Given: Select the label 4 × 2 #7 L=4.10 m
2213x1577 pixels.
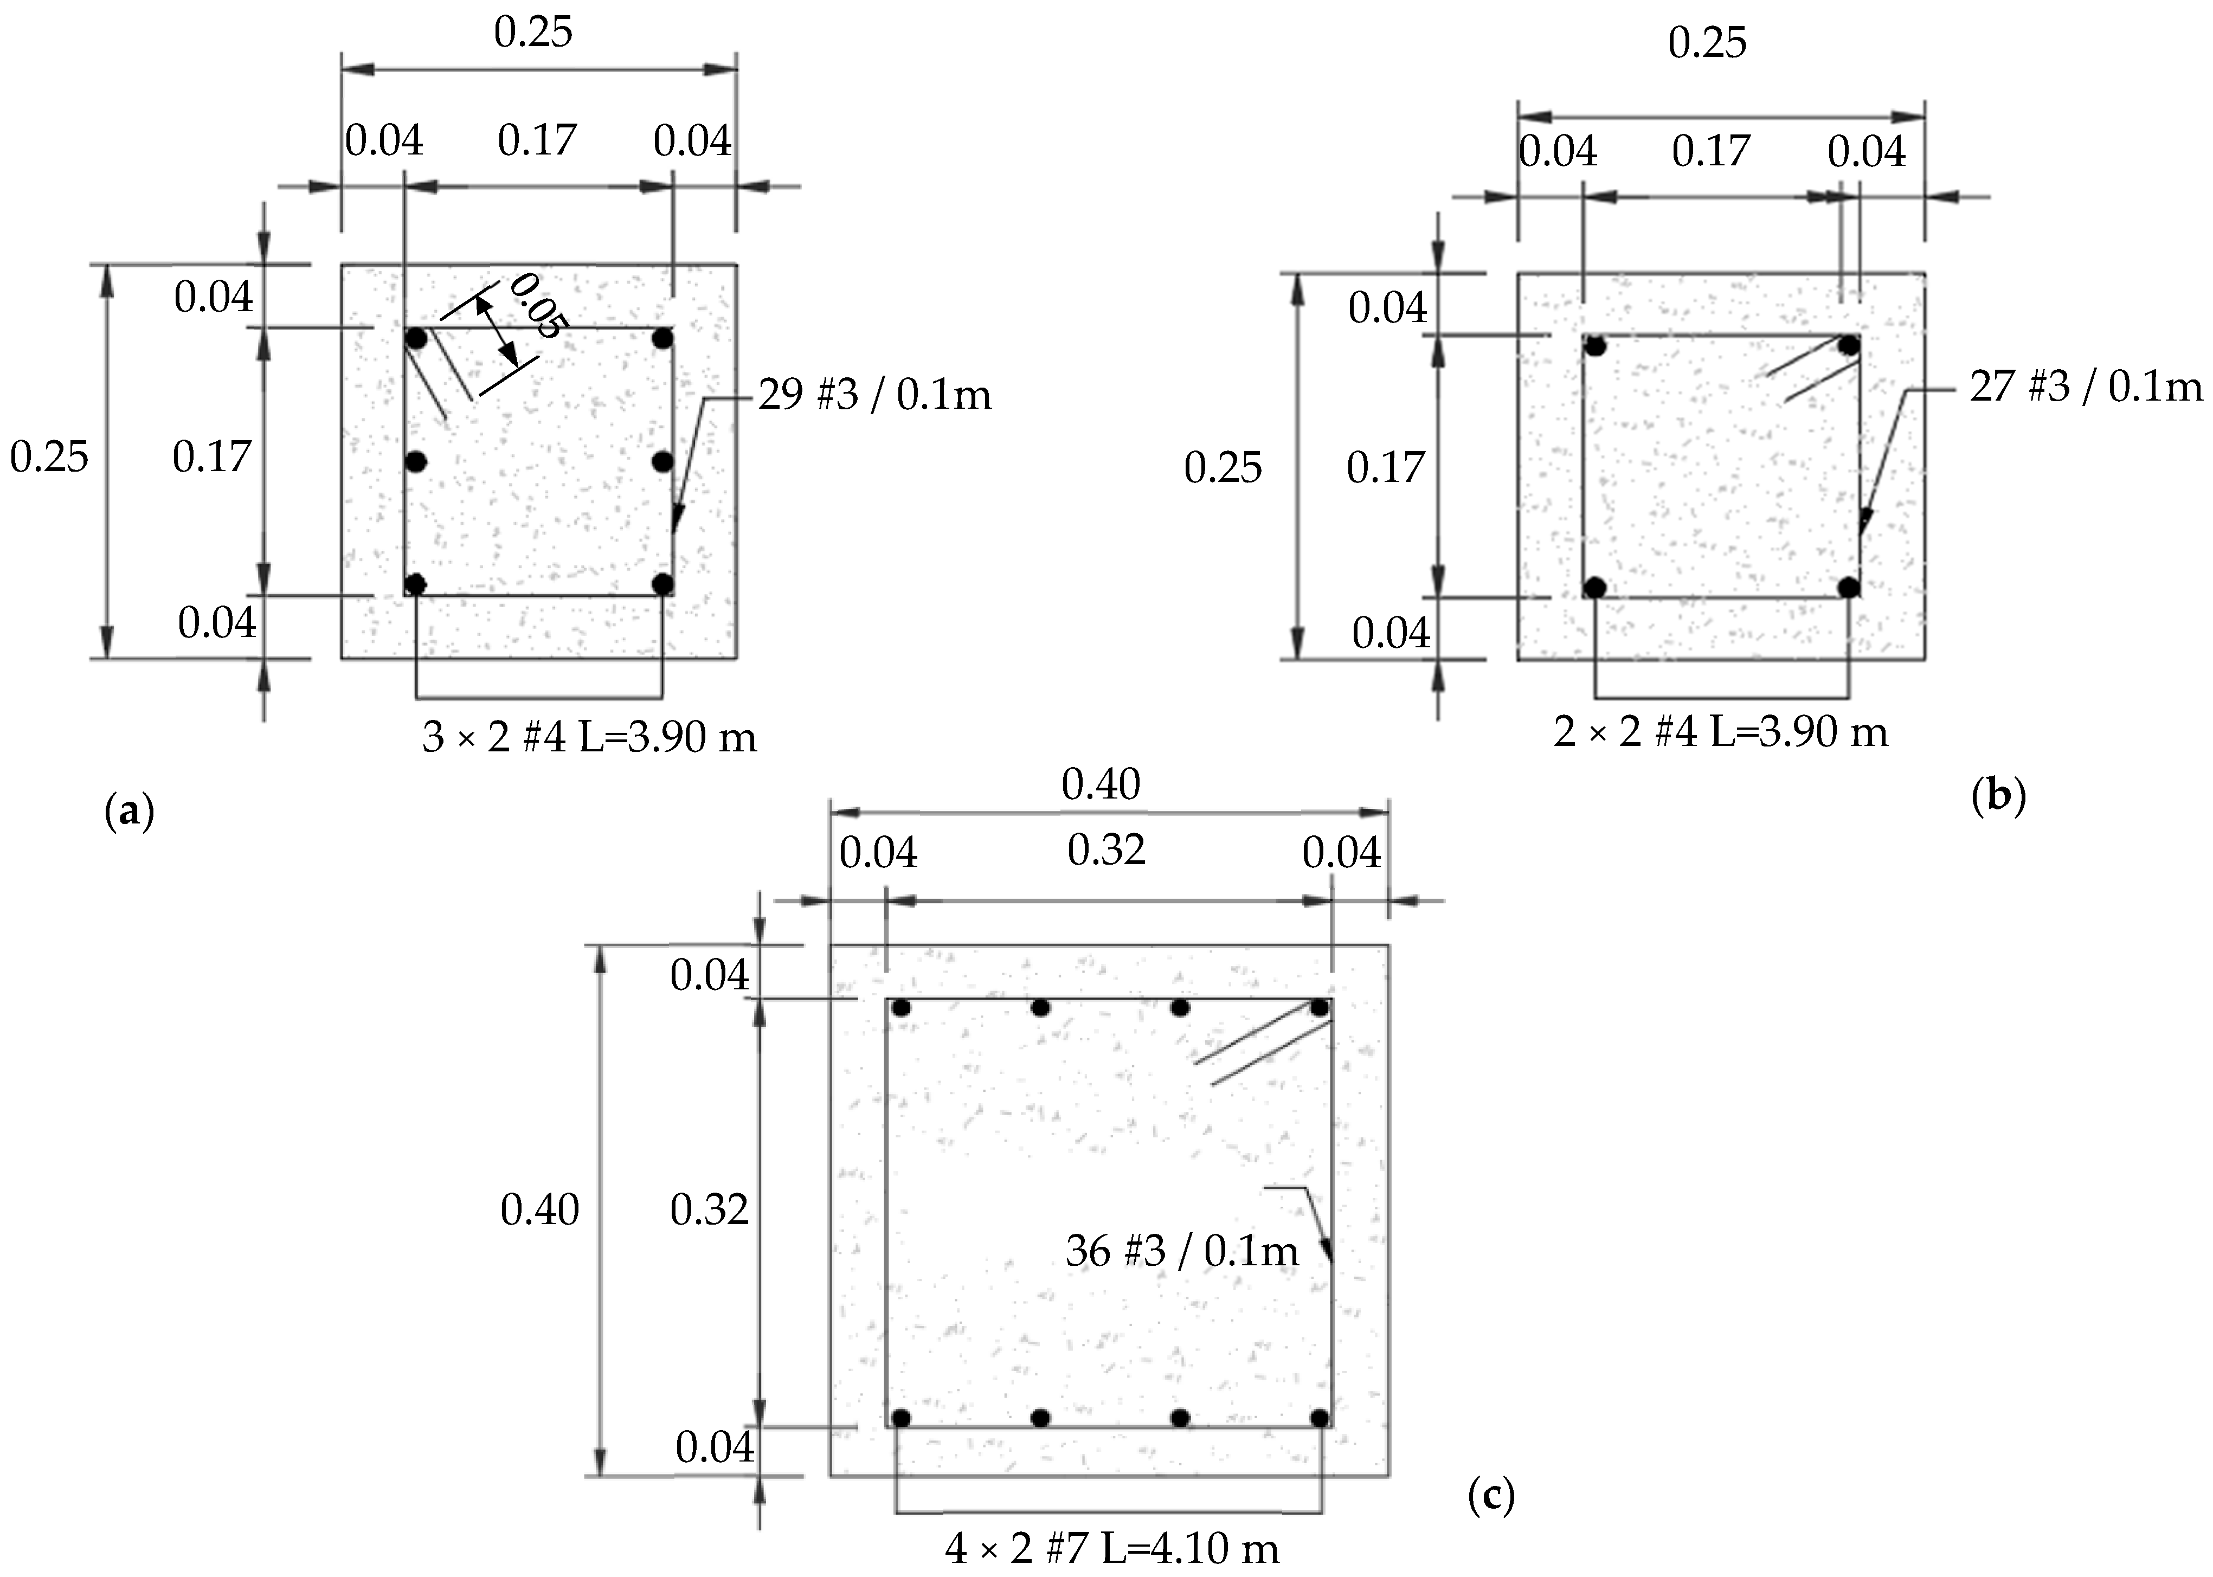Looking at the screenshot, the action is point(1112,1548).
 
